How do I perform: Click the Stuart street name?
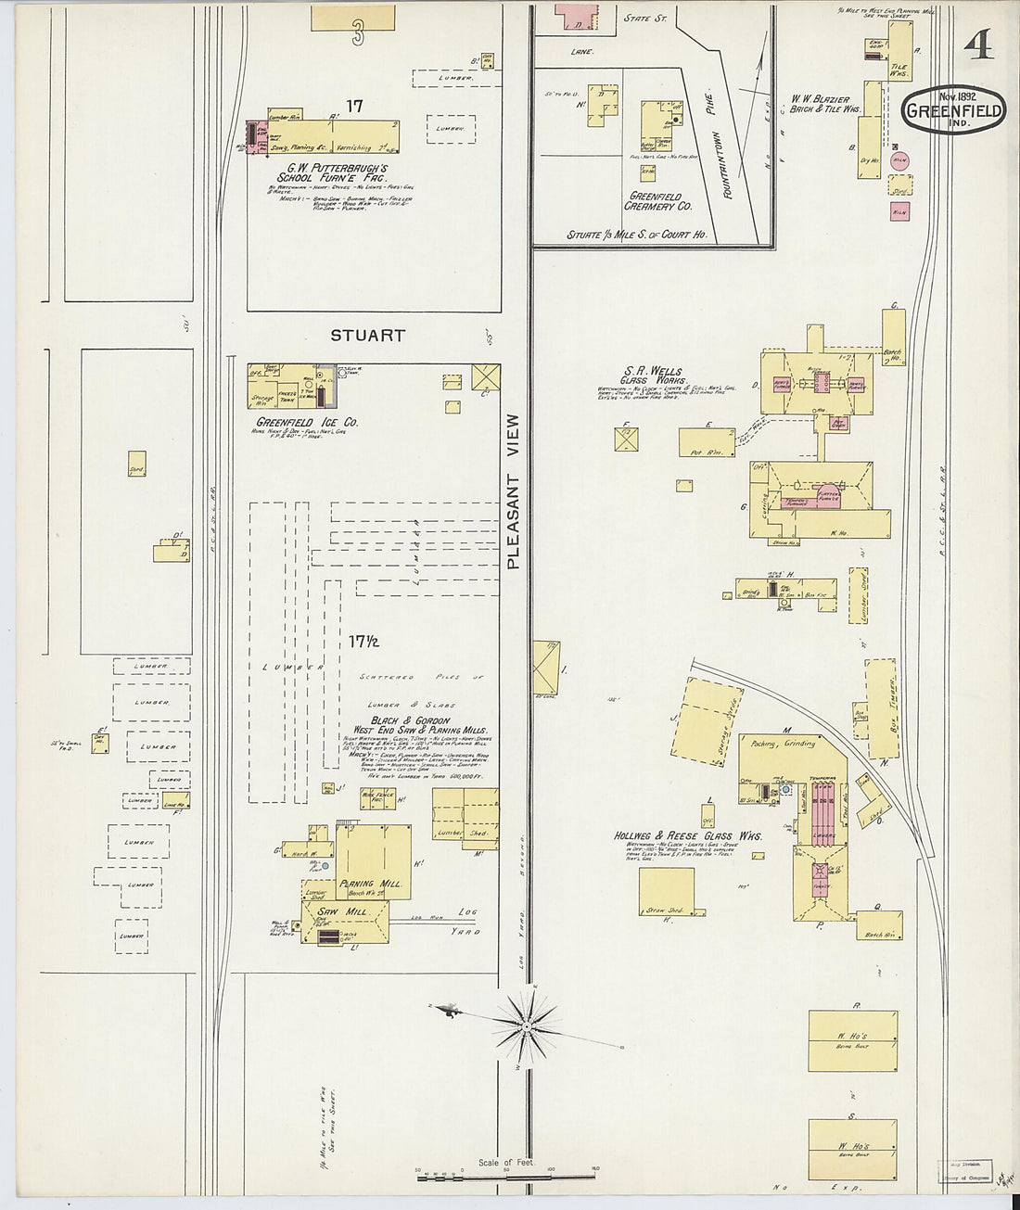[367, 336]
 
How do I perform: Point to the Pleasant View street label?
[515, 491]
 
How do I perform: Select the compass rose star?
[526, 1026]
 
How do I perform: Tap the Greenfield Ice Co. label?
[307, 423]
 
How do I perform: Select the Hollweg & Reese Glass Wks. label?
[688, 835]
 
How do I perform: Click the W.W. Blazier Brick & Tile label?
[825, 103]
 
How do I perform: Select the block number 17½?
[364, 641]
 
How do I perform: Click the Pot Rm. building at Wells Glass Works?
[708, 441]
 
